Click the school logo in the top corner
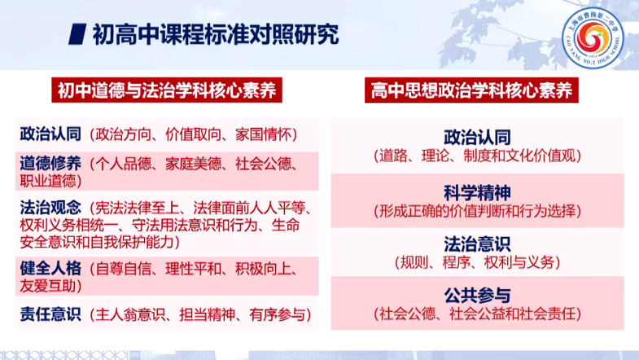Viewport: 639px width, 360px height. point(593,37)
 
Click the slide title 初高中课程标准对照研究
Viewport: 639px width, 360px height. point(216,34)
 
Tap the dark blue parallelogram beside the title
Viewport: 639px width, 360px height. point(77,34)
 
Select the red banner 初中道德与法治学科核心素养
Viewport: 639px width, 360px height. point(167,90)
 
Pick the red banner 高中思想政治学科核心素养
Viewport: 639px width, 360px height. point(471,90)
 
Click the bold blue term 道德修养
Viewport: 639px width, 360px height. point(50,163)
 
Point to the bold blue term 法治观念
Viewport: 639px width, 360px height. point(50,208)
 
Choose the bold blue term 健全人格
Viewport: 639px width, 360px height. point(50,268)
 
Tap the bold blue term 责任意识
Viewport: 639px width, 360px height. point(50,314)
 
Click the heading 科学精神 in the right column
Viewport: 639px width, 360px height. point(477,193)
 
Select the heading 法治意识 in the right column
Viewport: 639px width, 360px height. point(477,244)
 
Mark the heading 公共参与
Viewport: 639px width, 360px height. point(477,296)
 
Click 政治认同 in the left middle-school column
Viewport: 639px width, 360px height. point(50,134)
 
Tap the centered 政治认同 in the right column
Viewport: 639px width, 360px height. point(477,138)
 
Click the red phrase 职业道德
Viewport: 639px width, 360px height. point(48,181)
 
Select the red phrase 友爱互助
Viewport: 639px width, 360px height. point(48,286)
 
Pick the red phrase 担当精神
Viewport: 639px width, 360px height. point(208,314)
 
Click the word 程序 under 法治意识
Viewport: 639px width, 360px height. point(457,262)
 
